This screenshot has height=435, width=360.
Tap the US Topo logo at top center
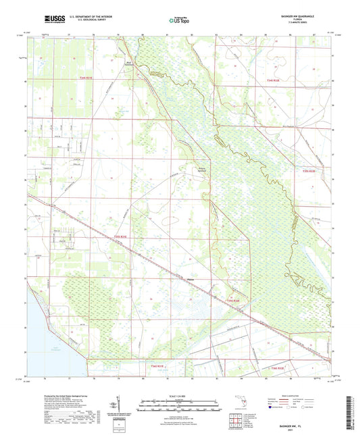pos(179,21)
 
